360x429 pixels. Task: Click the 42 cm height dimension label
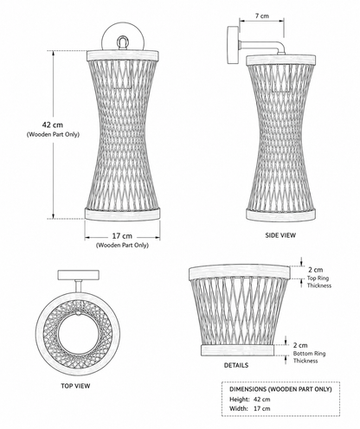[53, 125]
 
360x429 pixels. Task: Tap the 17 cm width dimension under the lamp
[122, 236]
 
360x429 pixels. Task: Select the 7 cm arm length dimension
[261, 16]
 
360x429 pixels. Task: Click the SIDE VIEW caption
[280, 235]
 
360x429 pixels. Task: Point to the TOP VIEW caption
[75, 386]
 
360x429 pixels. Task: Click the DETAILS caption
[236, 365]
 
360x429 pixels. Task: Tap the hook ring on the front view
[123, 42]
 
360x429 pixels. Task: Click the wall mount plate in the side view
[233, 45]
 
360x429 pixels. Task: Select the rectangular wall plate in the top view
[79, 275]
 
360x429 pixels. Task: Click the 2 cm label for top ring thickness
[316, 270]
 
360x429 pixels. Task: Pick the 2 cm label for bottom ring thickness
[300, 345]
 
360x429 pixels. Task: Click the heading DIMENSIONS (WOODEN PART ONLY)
[280, 389]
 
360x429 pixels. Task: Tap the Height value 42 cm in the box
[262, 400]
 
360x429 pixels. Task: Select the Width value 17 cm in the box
[262, 408]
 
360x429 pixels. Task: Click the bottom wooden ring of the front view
[122, 214]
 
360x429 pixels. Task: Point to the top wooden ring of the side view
[280, 60]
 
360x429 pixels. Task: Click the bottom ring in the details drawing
[237, 350]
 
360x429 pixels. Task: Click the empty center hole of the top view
[76, 334]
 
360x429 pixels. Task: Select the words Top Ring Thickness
[319, 282]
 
